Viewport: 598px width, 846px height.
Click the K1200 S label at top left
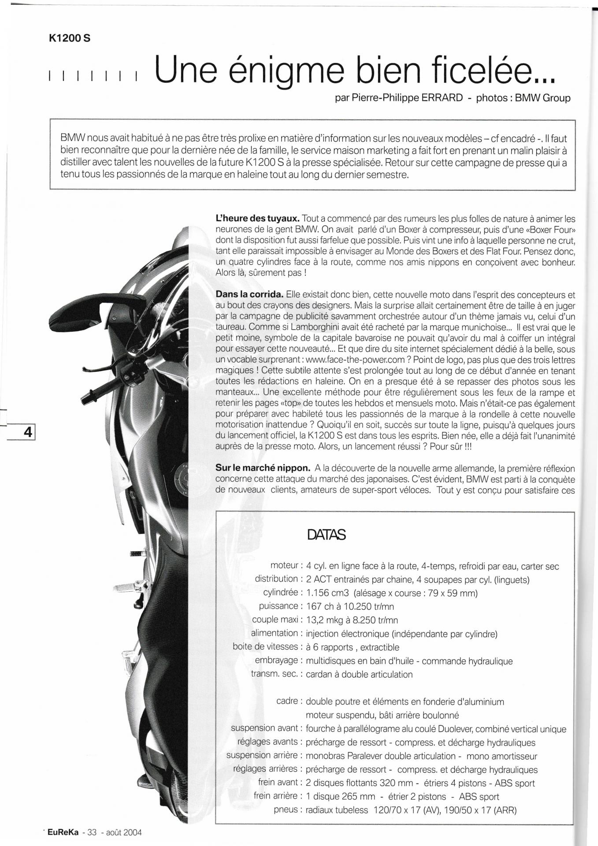pos(70,38)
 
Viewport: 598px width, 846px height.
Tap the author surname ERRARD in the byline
pos(442,98)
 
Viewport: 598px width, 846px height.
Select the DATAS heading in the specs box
pos(326,535)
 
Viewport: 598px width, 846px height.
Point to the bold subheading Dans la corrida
pos(249,294)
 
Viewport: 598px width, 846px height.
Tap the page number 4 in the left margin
pos(28,431)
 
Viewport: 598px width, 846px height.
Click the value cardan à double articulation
pos(359,674)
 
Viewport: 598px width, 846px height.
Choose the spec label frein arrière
pos(275,796)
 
